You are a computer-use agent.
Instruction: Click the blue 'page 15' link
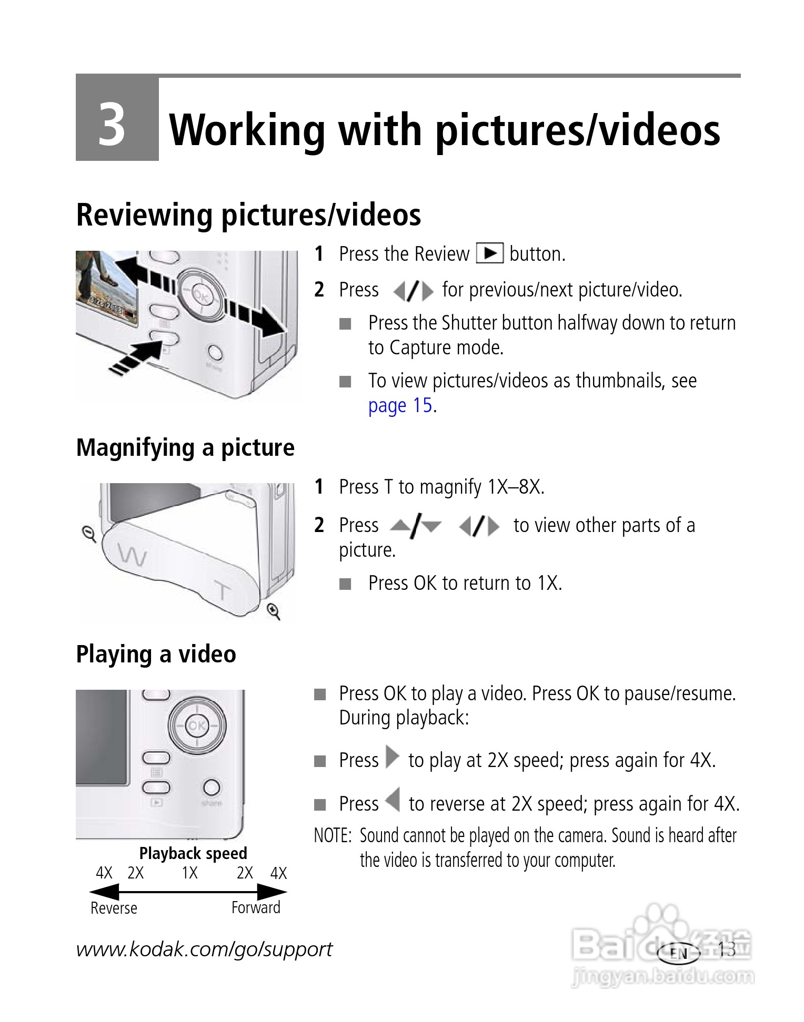click(x=400, y=405)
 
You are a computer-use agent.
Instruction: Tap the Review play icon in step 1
click(x=489, y=253)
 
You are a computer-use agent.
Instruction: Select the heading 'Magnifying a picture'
click(x=185, y=448)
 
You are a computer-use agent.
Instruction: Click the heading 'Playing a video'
click(x=156, y=654)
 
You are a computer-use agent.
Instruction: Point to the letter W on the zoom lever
click(x=132, y=555)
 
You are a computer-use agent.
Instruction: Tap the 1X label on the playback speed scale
click(x=189, y=873)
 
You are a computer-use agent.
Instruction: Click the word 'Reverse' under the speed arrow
click(x=114, y=908)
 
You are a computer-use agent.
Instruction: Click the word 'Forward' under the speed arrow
click(x=256, y=907)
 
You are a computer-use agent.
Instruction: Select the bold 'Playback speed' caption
click(x=193, y=853)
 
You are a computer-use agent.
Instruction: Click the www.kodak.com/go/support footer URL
click(x=204, y=949)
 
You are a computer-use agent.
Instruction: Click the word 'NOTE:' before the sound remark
click(x=332, y=835)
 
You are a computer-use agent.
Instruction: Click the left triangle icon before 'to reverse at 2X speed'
click(x=392, y=801)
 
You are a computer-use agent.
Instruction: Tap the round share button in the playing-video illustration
click(x=212, y=788)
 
